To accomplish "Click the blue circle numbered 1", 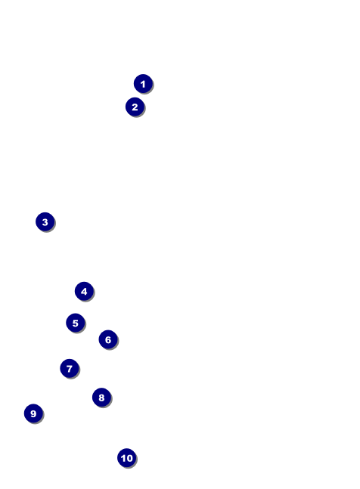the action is [x=143, y=84].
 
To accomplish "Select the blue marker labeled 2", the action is [x=135, y=107].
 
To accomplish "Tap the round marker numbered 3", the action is [x=45, y=221].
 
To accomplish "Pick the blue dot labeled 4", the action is [x=84, y=291].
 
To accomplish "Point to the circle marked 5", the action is [x=75, y=323].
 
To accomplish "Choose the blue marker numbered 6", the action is [x=108, y=339].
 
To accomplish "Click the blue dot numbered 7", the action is [x=70, y=368].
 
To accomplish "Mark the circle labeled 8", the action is [x=101, y=398].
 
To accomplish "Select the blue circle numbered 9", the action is [x=33, y=413].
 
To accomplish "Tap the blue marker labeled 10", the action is [x=126, y=457].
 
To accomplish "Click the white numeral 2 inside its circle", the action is [x=135, y=107].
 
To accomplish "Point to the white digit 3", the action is [x=45, y=222].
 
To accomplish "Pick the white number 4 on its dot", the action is [x=84, y=292].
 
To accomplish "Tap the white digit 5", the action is [x=75, y=323].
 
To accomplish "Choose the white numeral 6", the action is [x=108, y=339].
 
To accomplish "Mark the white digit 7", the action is [x=70, y=369].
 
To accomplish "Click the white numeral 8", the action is [x=101, y=398].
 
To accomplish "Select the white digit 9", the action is [x=33, y=413].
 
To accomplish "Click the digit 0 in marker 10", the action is [x=129, y=458].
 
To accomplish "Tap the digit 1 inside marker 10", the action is [x=123, y=458].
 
